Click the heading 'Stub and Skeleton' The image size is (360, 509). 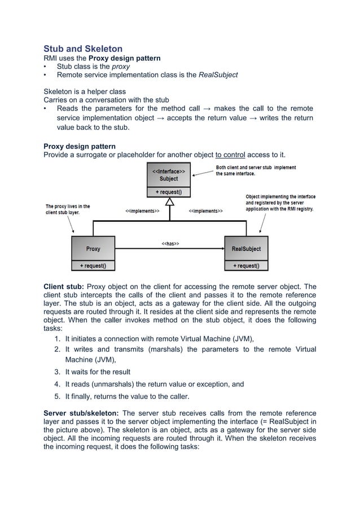[x=83, y=49]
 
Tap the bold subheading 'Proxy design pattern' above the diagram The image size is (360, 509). [x=80, y=147]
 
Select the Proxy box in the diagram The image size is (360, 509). [x=93, y=248]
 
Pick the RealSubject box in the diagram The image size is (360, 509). [x=246, y=248]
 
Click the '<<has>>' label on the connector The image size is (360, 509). [x=170, y=244]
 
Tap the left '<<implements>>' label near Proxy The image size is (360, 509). [x=142, y=211]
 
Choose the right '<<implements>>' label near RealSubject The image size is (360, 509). [x=205, y=211]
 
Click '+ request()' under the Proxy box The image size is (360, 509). [x=93, y=265]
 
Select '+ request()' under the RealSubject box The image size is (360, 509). [x=246, y=265]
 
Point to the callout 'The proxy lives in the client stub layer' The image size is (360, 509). [x=68, y=209]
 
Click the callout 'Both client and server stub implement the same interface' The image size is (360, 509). [x=256, y=170]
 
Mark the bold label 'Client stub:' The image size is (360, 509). [x=64, y=286]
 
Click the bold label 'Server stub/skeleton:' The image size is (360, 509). [x=81, y=413]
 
